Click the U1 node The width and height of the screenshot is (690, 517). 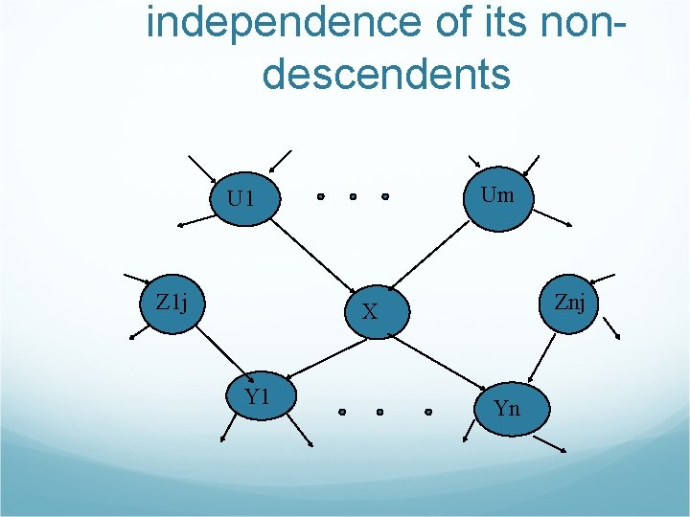coord(242,198)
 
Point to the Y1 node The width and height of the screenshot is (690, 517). coord(257,395)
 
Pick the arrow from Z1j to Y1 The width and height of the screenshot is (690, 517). coord(217,351)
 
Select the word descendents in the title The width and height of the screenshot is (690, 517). coord(386,73)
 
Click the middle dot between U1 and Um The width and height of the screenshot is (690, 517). coord(353,197)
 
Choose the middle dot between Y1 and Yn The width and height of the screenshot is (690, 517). coord(379,413)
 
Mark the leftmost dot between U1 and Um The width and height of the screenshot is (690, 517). coord(320,197)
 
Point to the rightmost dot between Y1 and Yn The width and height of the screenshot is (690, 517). coord(428,413)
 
